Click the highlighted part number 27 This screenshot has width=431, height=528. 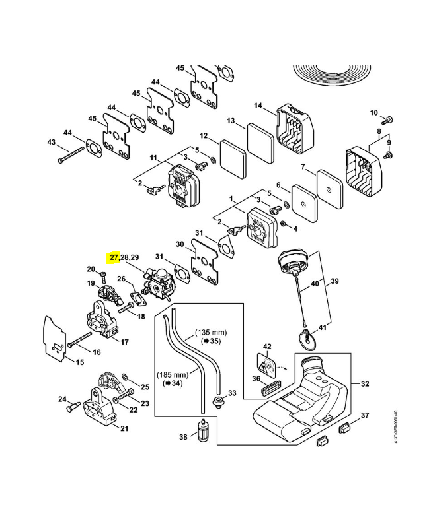[x=114, y=257]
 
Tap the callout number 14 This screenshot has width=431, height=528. [x=258, y=106]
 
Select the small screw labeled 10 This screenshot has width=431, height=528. [x=389, y=119]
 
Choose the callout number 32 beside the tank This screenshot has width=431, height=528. [x=366, y=383]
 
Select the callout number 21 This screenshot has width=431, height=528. [x=124, y=428]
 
